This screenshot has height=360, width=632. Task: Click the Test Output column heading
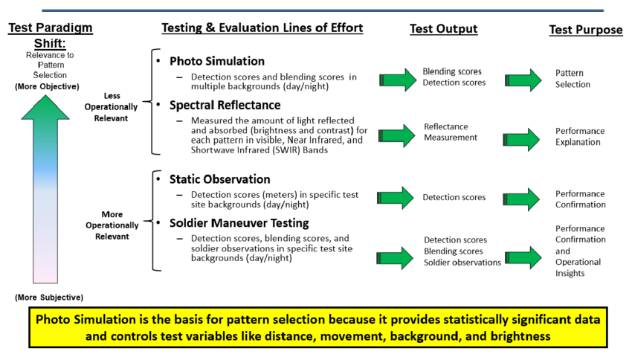pyautogui.click(x=443, y=28)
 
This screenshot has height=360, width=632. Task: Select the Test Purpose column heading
pyautogui.click(x=586, y=30)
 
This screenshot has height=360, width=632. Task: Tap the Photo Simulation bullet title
pyautogui.click(x=217, y=61)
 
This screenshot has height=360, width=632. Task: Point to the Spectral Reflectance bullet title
pyautogui.click(x=225, y=105)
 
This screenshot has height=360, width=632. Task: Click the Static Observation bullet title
pyautogui.click(x=219, y=179)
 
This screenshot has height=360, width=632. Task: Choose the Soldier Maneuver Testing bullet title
pyautogui.click(x=239, y=223)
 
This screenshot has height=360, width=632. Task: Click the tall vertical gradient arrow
pyautogui.click(x=45, y=189)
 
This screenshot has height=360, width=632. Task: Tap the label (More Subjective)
pyautogui.click(x=49, y=297)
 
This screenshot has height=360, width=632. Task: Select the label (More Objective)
pyautogui.click(x=47, y=86)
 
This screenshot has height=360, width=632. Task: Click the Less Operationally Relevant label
pyautogui.click(x=111, y=107)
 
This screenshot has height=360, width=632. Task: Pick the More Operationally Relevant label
pyautogui.click(x=112, y=225)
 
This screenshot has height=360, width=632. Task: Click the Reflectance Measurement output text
pyautogui.click(x=451, y=132)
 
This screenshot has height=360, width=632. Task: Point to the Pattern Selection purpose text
pyautogui.click(x=573, y=79)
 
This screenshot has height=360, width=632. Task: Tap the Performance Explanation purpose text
pyautogui.click(x=580, y=137)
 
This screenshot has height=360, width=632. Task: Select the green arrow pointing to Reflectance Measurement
pyautogui.click(x=396, y=135)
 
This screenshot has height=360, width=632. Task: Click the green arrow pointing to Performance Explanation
pyautogui.click(x=521, y=140)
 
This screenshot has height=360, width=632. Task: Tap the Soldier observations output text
pyautogui.click(x=462, y=263)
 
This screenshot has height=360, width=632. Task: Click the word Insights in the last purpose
pyautogui.click(x=570, y=273)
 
